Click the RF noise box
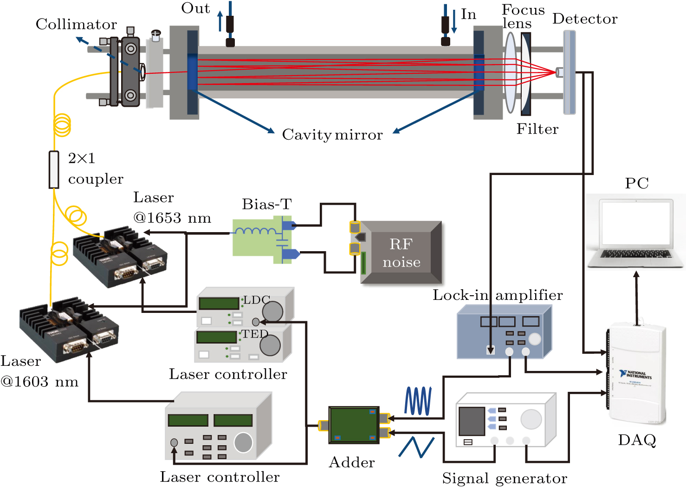coord(401,253)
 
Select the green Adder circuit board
coord(354,425)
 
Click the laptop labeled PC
coord(636,232)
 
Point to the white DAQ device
coord(637,374)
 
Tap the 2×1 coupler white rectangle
coord(54,169)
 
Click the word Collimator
coord(76,24)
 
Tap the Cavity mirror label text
coord(332,135)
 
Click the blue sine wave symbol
coord(418,401)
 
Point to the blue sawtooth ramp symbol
coord(416,447)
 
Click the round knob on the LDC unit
coord(272,311)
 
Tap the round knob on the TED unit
coord(270,345)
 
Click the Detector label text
coord(585,19)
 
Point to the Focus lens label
coord(523,17)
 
